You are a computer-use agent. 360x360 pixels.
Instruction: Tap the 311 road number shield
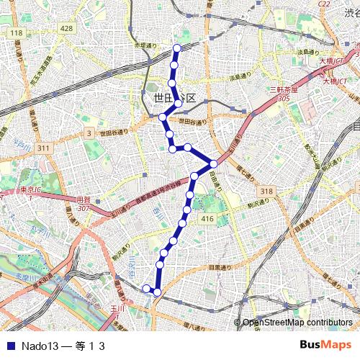click(45, 148)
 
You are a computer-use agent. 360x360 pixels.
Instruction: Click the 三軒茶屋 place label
click(283, 89)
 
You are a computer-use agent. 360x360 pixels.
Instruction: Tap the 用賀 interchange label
click(84, 201)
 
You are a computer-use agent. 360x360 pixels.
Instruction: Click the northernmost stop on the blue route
click(178, 48)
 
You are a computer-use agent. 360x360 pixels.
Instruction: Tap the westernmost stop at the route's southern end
click(147, 289)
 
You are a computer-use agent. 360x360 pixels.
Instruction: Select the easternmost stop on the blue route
click(214, 163)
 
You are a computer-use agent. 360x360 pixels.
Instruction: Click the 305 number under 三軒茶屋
click(284, 98)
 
